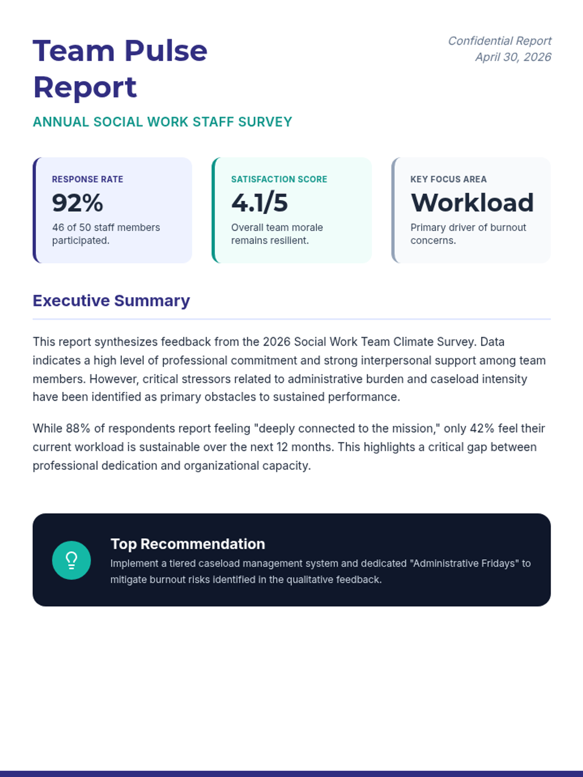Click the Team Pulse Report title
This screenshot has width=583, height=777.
point(120,69)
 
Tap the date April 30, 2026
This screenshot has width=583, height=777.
point(513,57)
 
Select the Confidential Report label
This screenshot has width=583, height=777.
point(499,41)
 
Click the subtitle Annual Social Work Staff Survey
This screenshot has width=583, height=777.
point(162,122)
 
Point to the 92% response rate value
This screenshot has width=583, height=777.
point(78,203)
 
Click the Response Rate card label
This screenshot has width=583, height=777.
point(87,179)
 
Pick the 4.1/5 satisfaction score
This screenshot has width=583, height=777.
point(259,203)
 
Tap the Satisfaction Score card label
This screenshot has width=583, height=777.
point(279,179)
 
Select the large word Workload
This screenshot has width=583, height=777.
point(472,203)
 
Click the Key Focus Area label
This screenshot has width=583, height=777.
point(448,179)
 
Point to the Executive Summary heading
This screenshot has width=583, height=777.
point(111,301)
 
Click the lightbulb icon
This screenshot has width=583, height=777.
point(71,560)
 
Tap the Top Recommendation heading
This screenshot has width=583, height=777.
point(188,544)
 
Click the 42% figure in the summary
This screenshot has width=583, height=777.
point(482,428)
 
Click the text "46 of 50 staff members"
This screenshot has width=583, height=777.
point(106,227)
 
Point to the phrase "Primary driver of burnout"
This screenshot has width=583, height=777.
point(468,227)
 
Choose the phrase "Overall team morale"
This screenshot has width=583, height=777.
point(277,227)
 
